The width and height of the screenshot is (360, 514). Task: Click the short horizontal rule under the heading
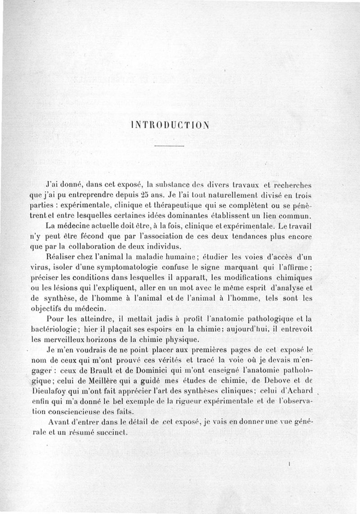[169, 146]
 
